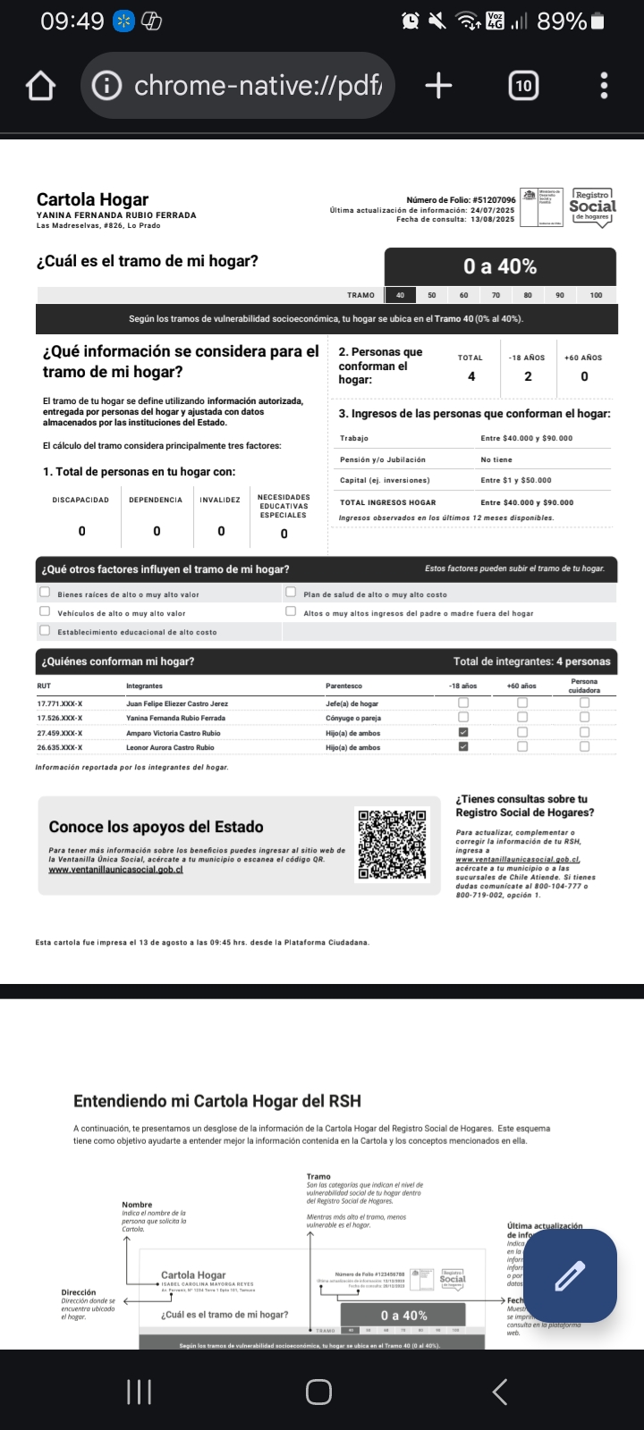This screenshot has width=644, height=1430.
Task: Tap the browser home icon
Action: point(41,86)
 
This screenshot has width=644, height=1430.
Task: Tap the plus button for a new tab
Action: point(438,86)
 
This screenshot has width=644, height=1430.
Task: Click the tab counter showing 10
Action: point(523,86)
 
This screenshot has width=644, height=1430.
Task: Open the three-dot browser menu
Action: point(605,86)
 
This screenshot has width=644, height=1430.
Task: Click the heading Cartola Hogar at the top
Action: point(92,199)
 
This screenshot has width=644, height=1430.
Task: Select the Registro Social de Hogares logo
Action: point(592,206)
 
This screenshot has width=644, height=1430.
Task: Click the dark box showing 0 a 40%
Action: point(500,266)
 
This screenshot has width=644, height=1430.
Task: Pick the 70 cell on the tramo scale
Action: point(496,295)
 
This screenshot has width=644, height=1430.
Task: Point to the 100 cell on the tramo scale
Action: point(596,295)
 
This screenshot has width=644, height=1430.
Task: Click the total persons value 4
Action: point(471,376)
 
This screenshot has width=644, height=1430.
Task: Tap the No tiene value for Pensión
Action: point(496,459)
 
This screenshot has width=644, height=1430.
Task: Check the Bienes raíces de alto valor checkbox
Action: point(45,592)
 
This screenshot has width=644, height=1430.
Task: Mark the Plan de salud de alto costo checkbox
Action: point(291,592)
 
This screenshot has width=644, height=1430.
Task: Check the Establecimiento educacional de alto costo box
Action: point(45,630)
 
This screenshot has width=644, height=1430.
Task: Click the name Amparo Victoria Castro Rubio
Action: point(174,733)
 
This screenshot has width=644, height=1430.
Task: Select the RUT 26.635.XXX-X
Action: point(60,747)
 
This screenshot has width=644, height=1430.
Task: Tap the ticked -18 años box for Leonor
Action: point(463,746)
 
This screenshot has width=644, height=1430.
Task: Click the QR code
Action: point(392,845)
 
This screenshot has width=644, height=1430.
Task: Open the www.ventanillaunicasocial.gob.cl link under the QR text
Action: point(115,869)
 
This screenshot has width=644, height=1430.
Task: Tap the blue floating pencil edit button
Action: point(570,1275)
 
